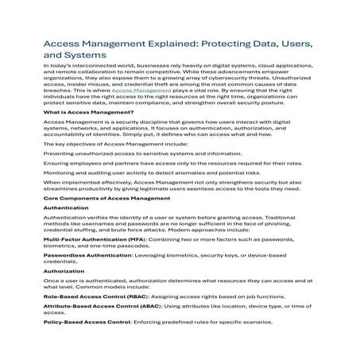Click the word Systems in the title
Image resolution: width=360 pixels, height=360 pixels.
83,56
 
